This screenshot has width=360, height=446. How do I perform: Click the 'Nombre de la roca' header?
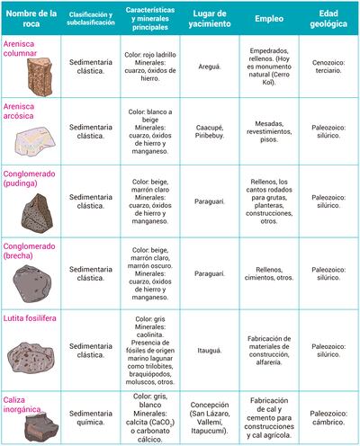31,17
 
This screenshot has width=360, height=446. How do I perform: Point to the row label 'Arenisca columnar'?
27,46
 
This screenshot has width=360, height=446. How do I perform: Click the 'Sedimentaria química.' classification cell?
94,418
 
